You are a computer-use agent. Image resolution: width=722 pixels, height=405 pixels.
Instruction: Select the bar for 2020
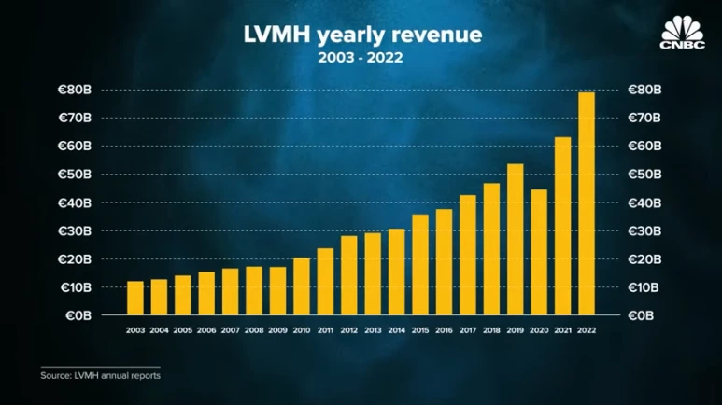pos(539,251)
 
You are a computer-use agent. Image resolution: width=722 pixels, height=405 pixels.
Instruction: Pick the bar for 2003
pos(135,298)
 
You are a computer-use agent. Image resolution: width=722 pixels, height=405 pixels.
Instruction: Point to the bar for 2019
pos(516,239)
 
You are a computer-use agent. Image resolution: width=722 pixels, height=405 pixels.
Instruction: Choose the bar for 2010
pos(302,286)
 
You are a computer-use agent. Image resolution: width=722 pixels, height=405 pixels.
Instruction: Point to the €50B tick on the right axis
pos(644,175)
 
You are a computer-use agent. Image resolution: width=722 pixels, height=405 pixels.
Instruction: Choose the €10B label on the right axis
pos(644,287)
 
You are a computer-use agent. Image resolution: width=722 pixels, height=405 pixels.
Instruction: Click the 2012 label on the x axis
pos(349,330)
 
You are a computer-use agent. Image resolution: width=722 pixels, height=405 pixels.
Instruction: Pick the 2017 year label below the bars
pos(468,330)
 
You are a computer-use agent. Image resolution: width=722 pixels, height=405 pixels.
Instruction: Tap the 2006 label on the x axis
pos(206,330)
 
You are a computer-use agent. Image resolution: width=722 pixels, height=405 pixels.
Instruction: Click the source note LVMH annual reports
pos(100,375)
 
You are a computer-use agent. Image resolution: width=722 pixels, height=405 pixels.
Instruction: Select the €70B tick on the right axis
pos(644,119)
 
